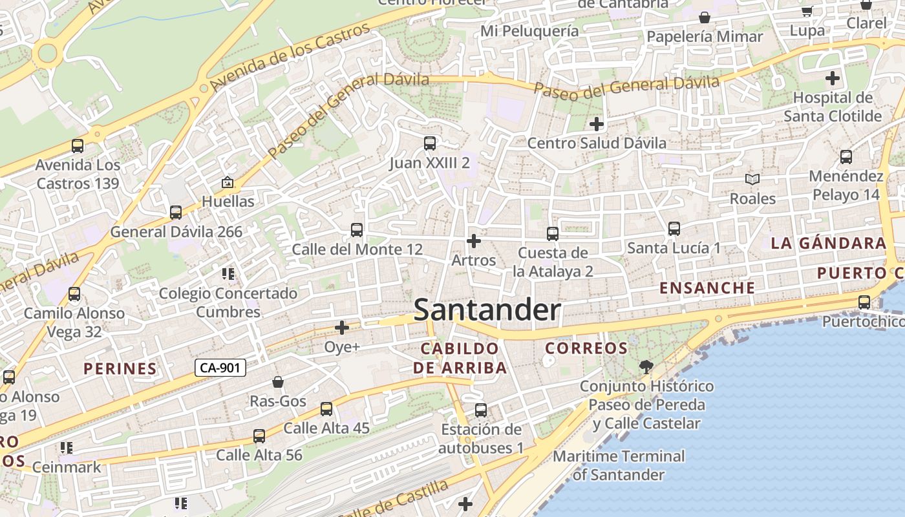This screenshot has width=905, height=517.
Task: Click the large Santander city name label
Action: (487, 310)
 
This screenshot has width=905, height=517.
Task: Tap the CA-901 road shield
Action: (220, 368)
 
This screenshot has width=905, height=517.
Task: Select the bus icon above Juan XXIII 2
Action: (429, 143)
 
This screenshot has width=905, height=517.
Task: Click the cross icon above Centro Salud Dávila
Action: (596, 123)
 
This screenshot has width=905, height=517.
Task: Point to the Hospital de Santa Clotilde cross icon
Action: (833, 79)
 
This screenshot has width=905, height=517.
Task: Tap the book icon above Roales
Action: (752, 179)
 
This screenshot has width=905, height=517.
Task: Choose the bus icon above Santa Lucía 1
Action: (674, 229)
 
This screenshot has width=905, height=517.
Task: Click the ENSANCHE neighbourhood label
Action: (707, 288)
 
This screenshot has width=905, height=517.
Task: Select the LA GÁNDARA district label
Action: (827, 244)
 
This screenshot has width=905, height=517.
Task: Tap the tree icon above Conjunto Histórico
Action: (646, 368)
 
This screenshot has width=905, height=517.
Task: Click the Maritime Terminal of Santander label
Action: (619, 465)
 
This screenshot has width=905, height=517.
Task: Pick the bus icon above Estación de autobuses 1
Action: (481, 410)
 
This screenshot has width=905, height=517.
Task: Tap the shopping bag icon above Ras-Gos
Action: (278, 382)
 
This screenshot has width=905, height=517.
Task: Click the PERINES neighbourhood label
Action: (120, 369)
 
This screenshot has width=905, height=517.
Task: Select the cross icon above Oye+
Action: (342, 328)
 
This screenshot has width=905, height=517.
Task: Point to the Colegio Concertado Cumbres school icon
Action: (228, 274)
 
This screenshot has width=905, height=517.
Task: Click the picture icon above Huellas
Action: (228, 183)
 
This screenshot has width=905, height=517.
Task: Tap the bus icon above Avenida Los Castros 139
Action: (78, 146)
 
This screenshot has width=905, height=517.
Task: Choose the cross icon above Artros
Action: (474, 241)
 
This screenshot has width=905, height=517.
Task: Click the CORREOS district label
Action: (586, 348)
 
